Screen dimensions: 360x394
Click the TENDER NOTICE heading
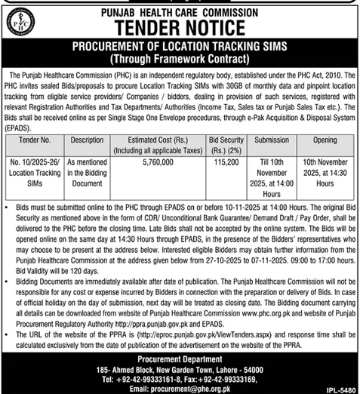(x=180, y=28)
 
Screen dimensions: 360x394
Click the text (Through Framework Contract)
(x=180, y=59)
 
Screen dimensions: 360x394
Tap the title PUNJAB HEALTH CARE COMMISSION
(x=180, y=11)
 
